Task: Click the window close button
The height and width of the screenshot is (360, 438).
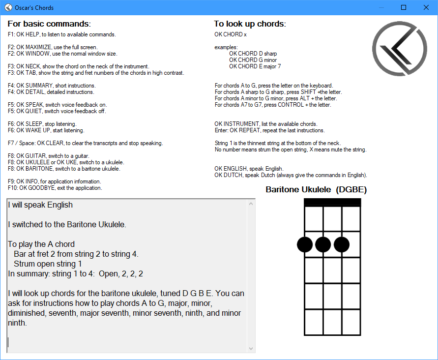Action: point(426,7)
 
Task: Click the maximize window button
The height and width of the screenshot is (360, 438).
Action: point(404,7)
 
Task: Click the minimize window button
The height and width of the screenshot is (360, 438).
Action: point(381,7)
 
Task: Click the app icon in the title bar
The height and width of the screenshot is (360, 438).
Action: point(8,7)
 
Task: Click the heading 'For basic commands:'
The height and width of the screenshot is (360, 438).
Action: point(49,24)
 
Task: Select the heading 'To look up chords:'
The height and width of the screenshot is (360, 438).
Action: point(250,24)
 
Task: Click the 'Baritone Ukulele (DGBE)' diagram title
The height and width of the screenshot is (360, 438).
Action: point(316,189)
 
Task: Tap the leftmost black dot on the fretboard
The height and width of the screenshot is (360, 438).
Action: point(305,244)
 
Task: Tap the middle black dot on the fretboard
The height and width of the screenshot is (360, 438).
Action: point(323,244)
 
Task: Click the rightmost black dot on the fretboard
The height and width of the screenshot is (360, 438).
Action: point(342,244)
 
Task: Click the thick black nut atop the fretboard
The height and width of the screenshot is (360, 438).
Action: point(332,202)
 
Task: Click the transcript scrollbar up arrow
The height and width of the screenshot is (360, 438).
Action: point(251,203)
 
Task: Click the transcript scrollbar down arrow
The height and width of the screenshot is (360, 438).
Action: point(251,348)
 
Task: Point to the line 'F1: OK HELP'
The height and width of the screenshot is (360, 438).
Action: point(61,34)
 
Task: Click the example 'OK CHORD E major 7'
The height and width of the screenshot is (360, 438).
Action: point(255,66)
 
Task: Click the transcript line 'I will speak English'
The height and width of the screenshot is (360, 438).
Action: point(40,205)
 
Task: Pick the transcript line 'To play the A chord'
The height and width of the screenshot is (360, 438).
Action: point(41,244)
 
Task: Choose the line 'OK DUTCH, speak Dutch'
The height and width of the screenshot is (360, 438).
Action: point(291,175)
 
